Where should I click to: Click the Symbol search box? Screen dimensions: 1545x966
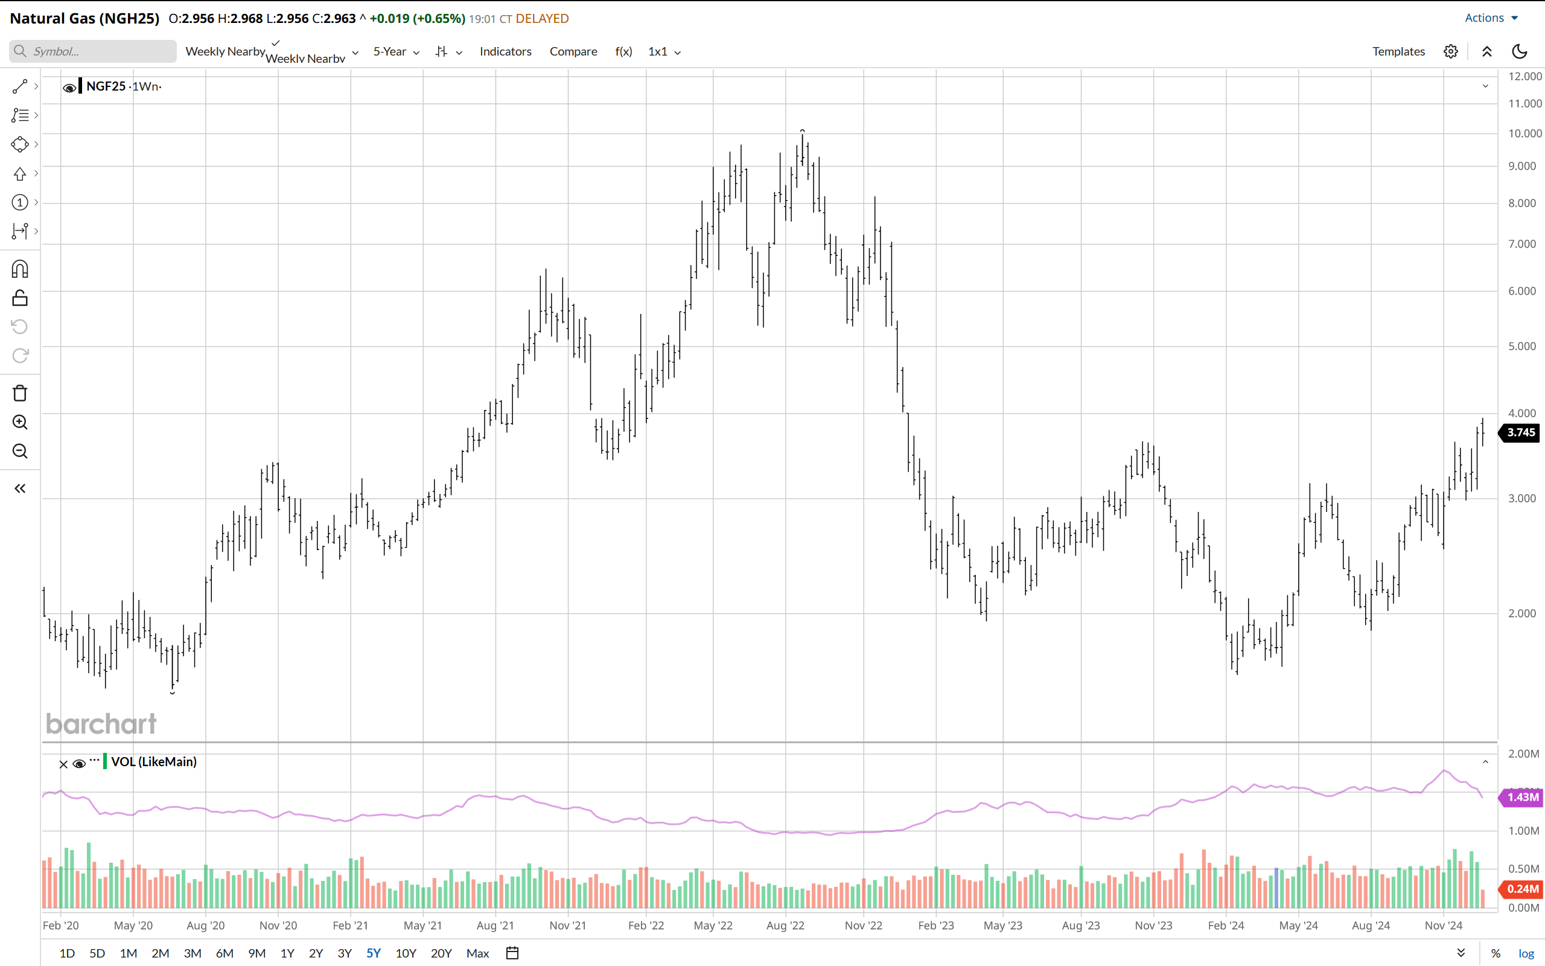pos(92,51)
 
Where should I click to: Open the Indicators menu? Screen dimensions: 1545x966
pos(505,51)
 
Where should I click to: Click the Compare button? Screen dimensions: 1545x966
pos(573,51)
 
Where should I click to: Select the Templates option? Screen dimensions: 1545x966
pos(1398,51)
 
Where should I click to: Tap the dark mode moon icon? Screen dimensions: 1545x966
pos(1520,51)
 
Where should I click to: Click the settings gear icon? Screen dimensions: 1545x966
pos(1450,51)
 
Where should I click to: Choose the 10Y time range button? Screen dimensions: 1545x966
pos(406,953)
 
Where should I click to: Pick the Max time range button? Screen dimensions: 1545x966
pos(477,953)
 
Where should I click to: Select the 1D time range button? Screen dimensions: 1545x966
pos(67,953)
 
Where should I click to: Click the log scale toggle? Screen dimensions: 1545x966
pos(1526,953)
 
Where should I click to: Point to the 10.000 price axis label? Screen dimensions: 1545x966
pos(1524,133)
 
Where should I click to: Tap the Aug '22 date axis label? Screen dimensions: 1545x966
pos(785,925)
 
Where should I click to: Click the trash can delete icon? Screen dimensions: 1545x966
pos(20,393)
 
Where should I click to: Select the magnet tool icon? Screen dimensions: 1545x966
pos(20,269)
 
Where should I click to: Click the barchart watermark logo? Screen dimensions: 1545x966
pos(101,724)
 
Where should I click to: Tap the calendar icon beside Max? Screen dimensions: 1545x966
pos(512,953)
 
